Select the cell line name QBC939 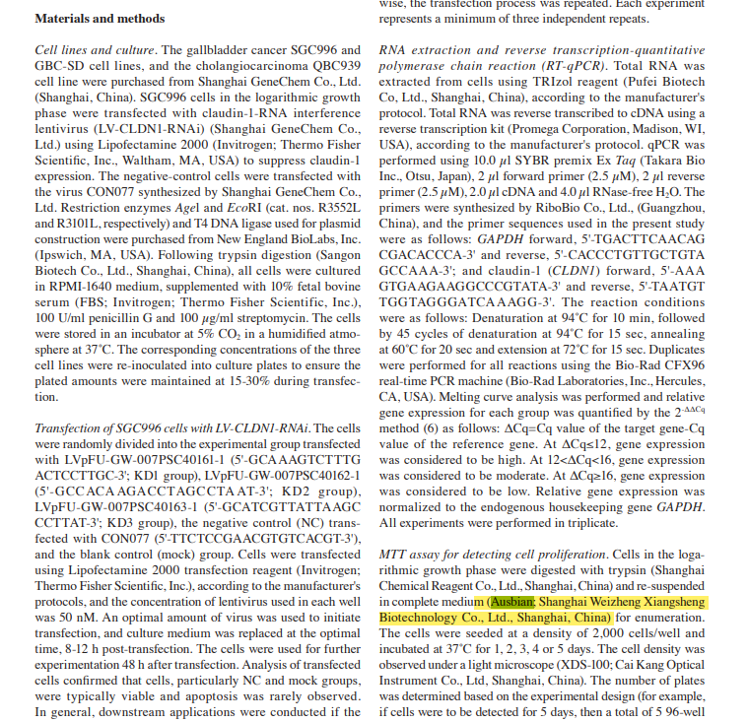pyautogui.click(x=337, y=65)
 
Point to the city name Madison pyautogui.click(x=653, y=129)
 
